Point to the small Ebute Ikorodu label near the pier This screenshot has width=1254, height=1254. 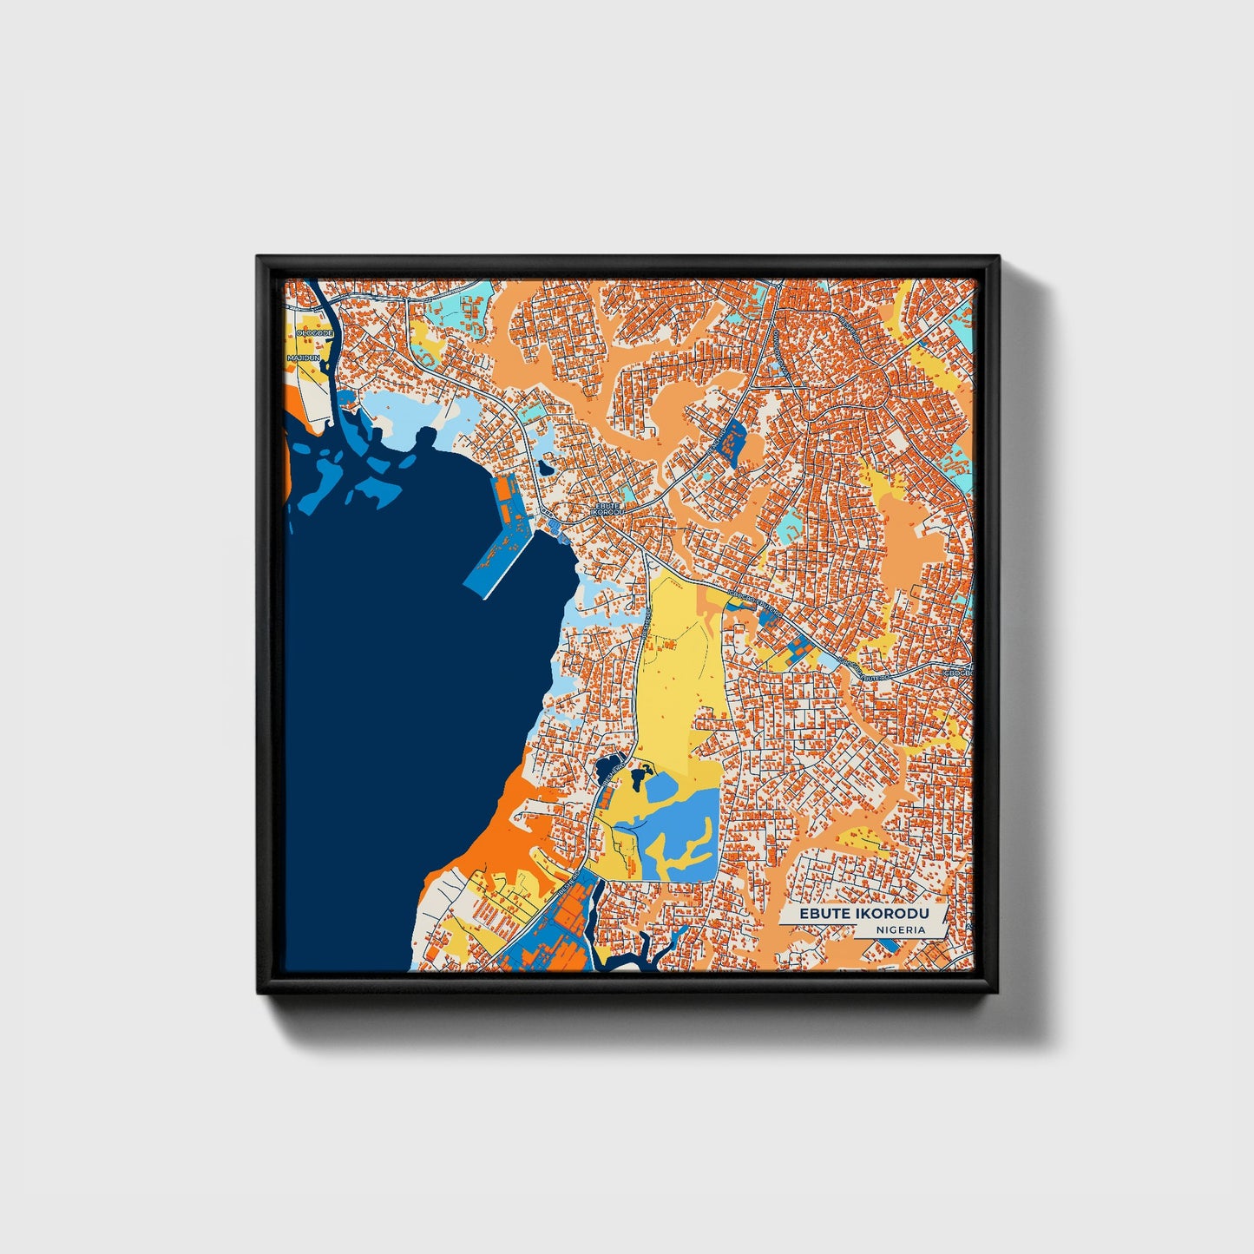pos(607,509)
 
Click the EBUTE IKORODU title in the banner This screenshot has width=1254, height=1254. pos(863,914)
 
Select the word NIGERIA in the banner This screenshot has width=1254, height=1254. pos(900,929)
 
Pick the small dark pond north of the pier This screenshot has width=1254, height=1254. pos(545,467)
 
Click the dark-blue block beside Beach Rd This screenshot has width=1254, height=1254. pos(733,440)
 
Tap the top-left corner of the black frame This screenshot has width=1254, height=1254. pos(259,259)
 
